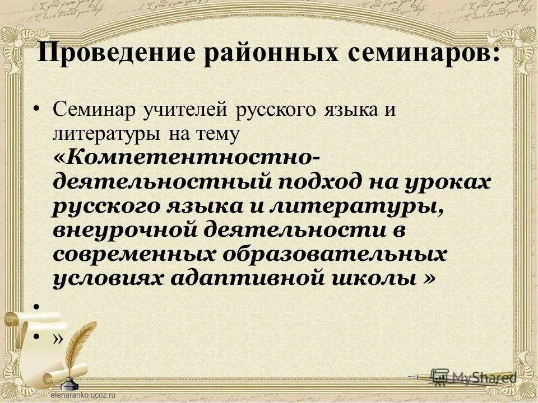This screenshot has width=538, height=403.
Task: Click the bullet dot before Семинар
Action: (36, 108)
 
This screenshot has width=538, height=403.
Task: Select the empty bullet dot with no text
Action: (36, 307)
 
